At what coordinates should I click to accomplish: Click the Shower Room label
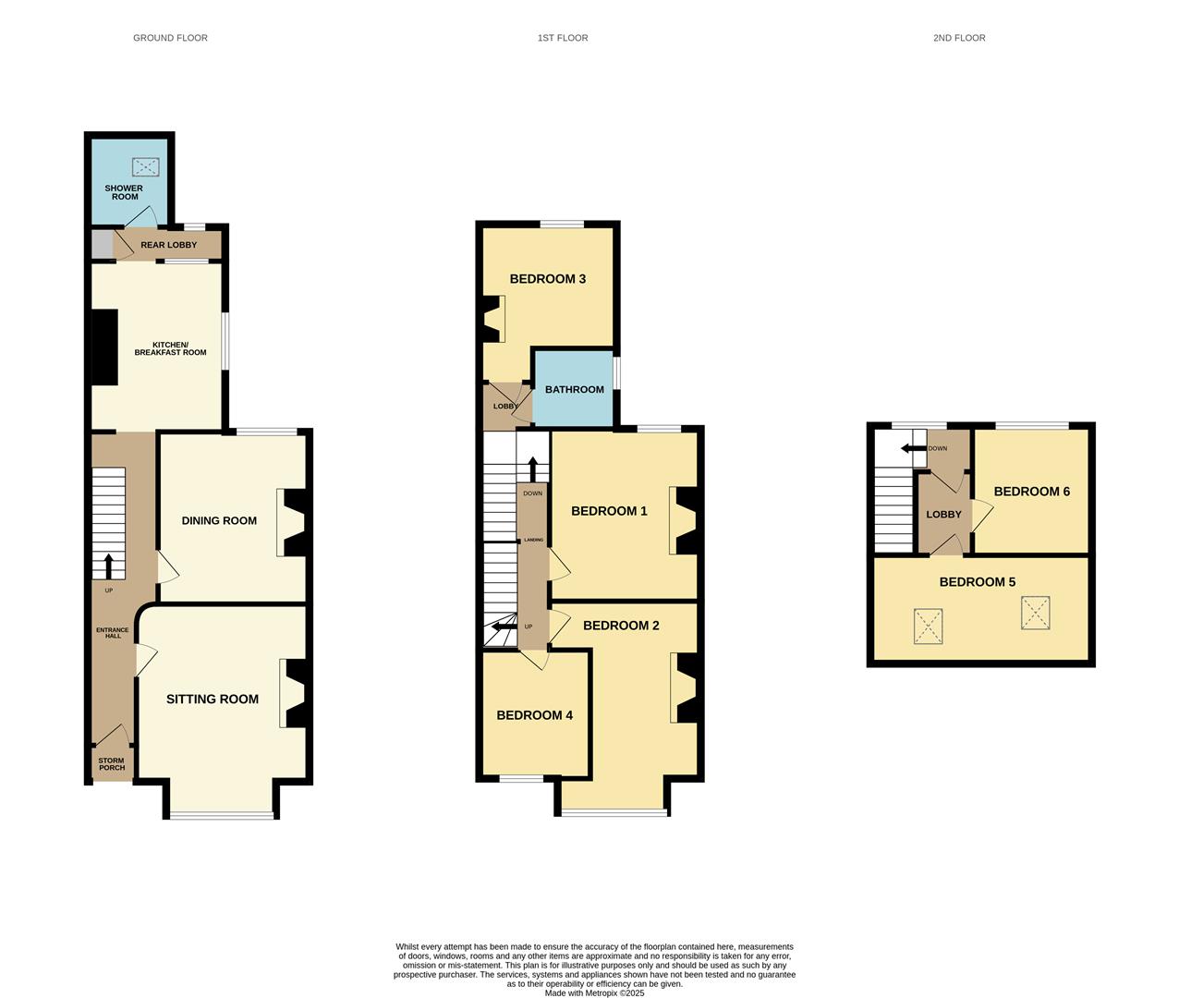tap(124, 192)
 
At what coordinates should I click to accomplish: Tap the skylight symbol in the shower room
tap(145, 167)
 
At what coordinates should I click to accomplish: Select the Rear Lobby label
tap(169, 245)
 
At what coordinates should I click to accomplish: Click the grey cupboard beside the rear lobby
tap(103, 245)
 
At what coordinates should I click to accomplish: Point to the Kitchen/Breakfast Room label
tap(171, 348)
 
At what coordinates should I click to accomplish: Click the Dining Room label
tap(219, 520)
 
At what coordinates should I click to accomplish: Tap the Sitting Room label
tap(213, 699)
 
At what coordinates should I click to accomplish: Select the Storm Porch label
tap(111, 764)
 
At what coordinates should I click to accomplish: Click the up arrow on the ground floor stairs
tap(108, 566)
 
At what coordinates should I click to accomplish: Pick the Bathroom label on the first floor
tap(575, 390)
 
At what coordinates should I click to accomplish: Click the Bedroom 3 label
tap(548, 279)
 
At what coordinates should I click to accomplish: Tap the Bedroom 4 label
tap(534, 715)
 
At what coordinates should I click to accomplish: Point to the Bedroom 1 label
tap(609, 511)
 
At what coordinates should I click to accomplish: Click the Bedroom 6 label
tap(1032, 492)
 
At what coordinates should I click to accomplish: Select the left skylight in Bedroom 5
tap(928, 627)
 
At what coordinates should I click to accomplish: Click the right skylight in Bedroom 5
tap(1036, 613)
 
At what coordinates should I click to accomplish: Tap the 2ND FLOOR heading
tap(959, 38)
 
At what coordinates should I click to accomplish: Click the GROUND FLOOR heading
tap(171, 38)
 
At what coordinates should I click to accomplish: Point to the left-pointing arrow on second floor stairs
tap(913, 448)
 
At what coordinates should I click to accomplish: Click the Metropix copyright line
tap(594, 992)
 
